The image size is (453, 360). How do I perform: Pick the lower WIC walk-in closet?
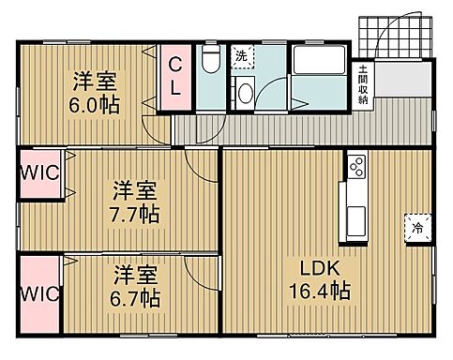coord(38,292)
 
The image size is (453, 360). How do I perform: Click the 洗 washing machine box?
coord(241,56)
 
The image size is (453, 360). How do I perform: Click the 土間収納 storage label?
coord(362,84)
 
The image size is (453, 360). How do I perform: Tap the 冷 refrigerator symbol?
coord(416,228)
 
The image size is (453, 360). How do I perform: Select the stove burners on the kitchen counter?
coord(356,167)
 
